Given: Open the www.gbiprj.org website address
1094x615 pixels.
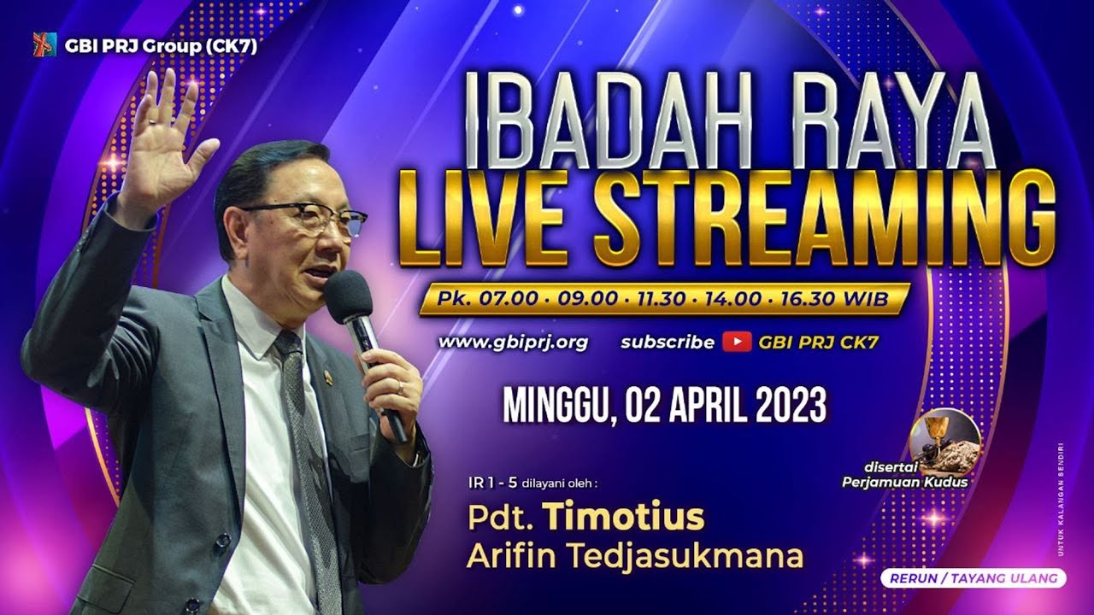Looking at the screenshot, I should tap(513, 343).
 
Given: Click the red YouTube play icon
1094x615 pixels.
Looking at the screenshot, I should tap(736, 343).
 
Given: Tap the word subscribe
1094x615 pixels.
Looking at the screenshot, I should tap(667, 343).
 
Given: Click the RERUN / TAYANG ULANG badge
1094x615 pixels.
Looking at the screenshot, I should tap(973, 578).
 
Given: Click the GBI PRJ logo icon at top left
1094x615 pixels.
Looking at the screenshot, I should tap(44, 44).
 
